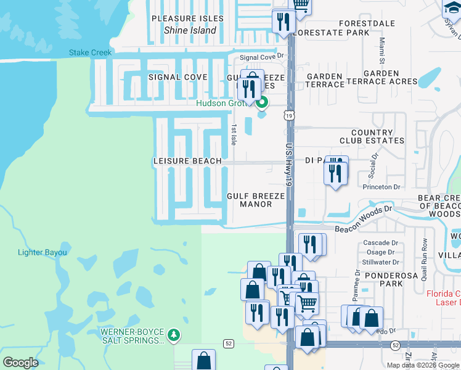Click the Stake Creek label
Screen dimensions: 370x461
coord(91,53)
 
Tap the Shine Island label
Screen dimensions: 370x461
coord(190,30)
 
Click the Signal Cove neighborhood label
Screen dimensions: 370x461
coord(178,77)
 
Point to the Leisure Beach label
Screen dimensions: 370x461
coord(187,161)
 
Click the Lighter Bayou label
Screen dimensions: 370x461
coord(42,252)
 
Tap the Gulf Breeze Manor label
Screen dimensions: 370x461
coord(256,200)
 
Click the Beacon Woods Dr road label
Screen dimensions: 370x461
coord(364,219)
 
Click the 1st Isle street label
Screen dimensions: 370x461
coord(234,134)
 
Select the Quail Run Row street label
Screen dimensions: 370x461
coord(425,252)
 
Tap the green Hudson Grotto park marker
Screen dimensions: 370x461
coord(262,102)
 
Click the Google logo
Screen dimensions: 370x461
coord(20,363)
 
